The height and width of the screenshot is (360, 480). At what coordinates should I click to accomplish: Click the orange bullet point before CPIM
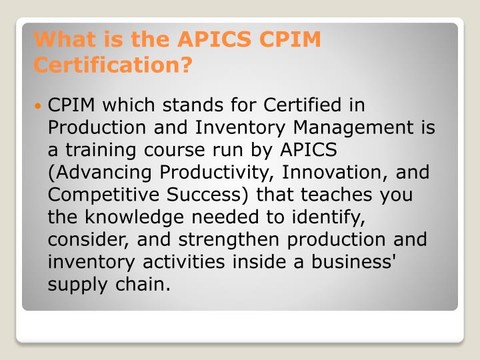(x=37, y=106)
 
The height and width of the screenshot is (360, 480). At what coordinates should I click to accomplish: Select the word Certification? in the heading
(x=113, y=65)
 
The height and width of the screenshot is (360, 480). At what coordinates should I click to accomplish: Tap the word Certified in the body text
(x=302, y=105)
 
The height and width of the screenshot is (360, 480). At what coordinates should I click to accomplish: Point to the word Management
(x=353, y=128)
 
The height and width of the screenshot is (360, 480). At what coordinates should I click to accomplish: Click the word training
(x=101, y=151)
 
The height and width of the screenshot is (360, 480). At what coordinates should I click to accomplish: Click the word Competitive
(x=103, y=195)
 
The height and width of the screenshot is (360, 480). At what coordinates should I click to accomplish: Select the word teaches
(x=336, y=195)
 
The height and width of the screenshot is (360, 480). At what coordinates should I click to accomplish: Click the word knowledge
(x=135, y=217)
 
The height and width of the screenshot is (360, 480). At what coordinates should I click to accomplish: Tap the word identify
(x=328, y=217)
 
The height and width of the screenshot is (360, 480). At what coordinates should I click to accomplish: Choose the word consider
(x=86, y=240)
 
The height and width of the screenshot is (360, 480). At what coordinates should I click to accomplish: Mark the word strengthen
(x=229, y=240)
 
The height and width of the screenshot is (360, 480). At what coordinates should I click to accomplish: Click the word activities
(x=184, y=263)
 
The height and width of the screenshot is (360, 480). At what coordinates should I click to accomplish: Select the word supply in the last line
(x=78, y=285)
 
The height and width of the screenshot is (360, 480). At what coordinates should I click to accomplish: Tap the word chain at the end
(x=143, y=285)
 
